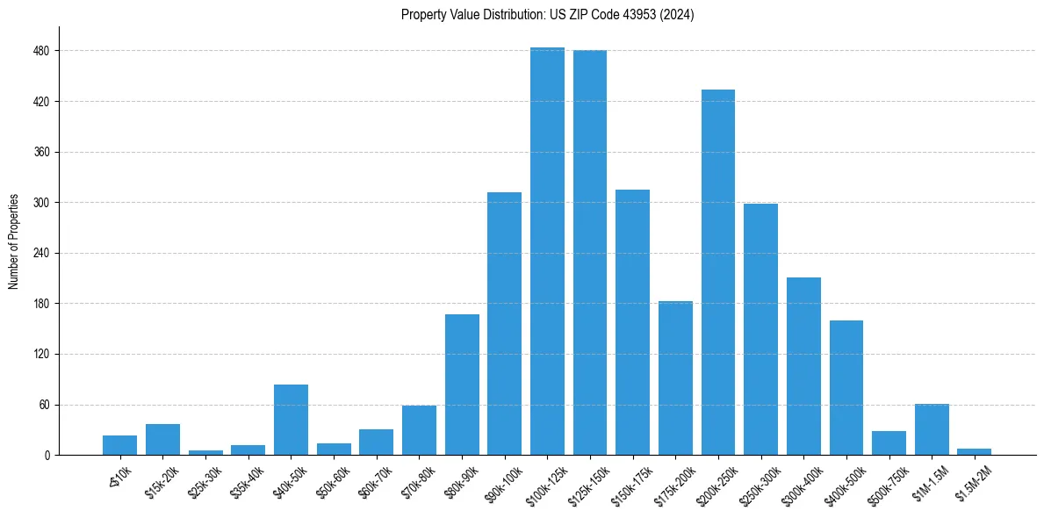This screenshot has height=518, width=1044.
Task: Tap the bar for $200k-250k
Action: [718, 272]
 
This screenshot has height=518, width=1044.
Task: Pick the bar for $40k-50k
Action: [291, 420]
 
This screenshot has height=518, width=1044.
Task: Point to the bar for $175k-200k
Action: [675, 378]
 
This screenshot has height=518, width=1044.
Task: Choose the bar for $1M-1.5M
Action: [932, 429]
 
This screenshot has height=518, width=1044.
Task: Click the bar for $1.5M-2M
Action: [975, 451]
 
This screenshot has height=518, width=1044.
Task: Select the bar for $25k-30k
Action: [205, 452]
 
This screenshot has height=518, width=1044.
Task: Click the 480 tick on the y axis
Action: [41, 51]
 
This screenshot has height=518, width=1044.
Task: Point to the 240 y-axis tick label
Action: [41, 254]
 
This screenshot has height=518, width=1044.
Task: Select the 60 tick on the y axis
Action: [44, 405]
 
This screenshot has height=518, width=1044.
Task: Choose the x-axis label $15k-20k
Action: [162, 480]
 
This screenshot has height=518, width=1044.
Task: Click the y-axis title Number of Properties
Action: [13, 241]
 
